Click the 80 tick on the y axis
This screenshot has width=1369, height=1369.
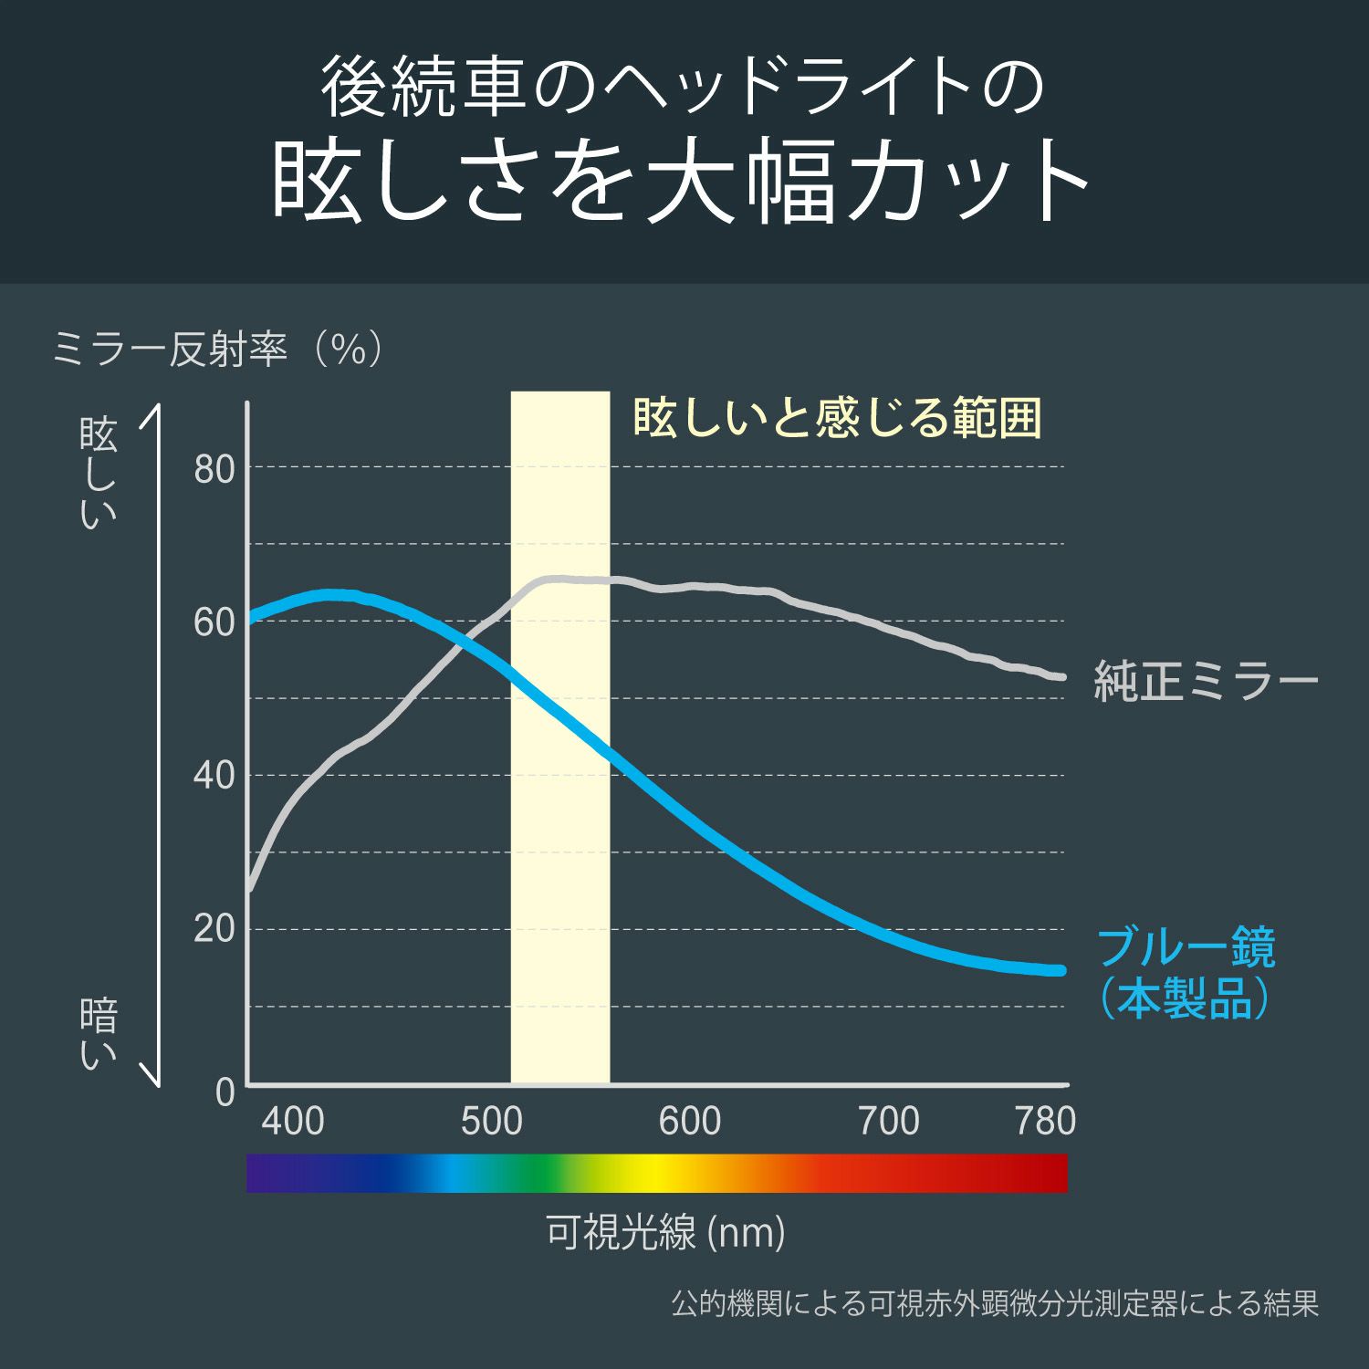(214, 470)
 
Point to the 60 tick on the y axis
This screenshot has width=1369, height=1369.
(214, 623)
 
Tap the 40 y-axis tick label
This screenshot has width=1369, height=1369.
(214, 777)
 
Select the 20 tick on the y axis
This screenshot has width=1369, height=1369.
(214, 930)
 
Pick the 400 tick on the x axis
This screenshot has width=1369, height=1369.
(293, 1122)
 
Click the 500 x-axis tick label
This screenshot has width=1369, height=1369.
(491, 1122)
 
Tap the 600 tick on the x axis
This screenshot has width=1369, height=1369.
(690, 1122)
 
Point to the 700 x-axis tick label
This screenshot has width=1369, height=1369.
(889, 1122)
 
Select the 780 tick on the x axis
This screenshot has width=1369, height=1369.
(1046, 1122)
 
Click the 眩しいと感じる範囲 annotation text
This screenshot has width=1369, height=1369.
(837, 418)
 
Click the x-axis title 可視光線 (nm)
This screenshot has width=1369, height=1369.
(665, 1233)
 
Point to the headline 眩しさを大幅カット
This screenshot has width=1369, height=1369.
(683, 183)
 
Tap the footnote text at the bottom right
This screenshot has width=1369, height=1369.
(995, 1303)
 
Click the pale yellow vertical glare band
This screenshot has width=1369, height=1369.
(559, 821)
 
